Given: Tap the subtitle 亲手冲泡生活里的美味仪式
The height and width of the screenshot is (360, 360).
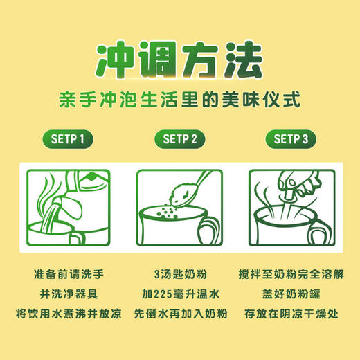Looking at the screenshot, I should click(x=179, y=99).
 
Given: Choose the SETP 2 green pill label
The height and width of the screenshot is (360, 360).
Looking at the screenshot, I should click(x=180, y=138).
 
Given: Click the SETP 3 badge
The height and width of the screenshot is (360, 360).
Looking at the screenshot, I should click(x=291, y=138).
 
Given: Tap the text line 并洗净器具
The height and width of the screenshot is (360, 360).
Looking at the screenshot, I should click(x=69, y=292).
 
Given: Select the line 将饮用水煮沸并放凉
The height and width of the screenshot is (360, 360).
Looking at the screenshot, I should click(x=69, y=314).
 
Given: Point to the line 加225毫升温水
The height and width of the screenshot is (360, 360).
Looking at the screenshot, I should click(x=180, y=292).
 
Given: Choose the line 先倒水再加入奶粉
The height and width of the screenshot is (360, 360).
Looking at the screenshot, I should click(x=180, y=314).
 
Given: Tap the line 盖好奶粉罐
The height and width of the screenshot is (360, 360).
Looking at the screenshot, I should click(x=291, y=292).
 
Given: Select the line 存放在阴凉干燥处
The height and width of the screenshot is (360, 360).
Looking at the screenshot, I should click(x=291, y=314).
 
